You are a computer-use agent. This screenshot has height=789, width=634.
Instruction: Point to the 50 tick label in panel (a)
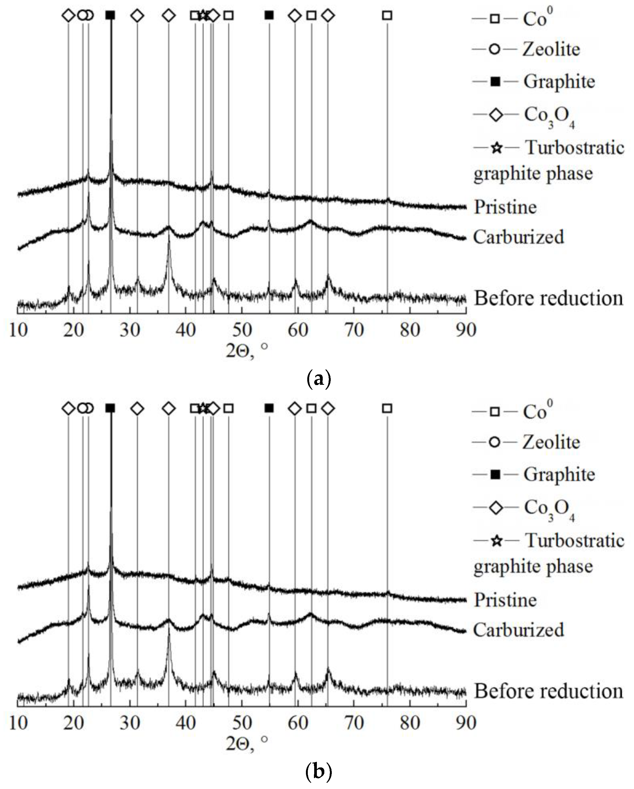(x=242, y=330)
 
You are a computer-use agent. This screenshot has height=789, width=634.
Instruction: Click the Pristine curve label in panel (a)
(x=506, y=207)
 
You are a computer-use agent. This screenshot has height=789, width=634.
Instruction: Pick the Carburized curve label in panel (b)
(x=519, y=630)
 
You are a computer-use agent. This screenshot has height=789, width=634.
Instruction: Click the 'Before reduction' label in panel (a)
(x=548, y=298)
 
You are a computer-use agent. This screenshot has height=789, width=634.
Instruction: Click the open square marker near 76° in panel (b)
(x=387, y=408)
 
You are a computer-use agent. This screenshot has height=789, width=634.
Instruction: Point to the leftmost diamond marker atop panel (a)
(x=68, y=15)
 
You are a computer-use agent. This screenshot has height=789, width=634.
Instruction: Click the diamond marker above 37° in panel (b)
(x=168, y=408)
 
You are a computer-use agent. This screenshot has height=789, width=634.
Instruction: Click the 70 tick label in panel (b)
(x=354, y=723)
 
